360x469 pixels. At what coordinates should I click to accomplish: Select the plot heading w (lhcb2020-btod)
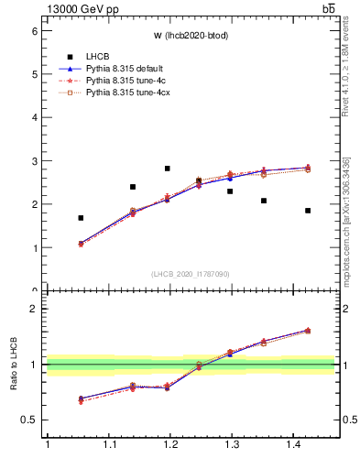coord(191,36)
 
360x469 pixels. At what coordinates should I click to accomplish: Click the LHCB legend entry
coord(99,56)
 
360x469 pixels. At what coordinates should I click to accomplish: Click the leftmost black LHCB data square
coord(81,218)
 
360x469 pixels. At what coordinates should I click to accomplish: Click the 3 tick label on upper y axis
coord(34,161)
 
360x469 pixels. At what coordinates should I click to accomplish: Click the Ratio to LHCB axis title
coord(14,365)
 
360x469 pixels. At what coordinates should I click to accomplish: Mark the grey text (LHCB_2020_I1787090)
coord(191,273)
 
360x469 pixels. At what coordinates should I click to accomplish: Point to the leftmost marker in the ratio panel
coord(81,399)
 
